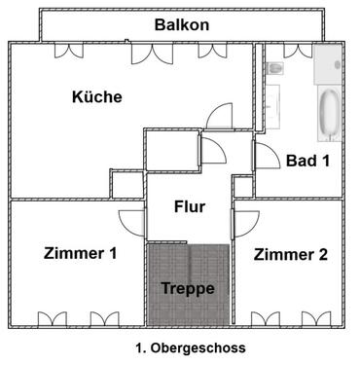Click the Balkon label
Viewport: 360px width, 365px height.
point(182,24)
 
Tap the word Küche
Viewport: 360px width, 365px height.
point(96,97)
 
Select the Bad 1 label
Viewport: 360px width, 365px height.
point(307,161)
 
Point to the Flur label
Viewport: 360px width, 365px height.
point(189,206)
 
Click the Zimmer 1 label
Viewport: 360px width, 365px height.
point(81,254)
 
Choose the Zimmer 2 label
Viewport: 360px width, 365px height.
point(291,254)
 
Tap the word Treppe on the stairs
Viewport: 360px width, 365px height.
point(188,288)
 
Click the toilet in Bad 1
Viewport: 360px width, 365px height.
point(276,68)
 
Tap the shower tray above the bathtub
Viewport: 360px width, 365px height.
point(328,65)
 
